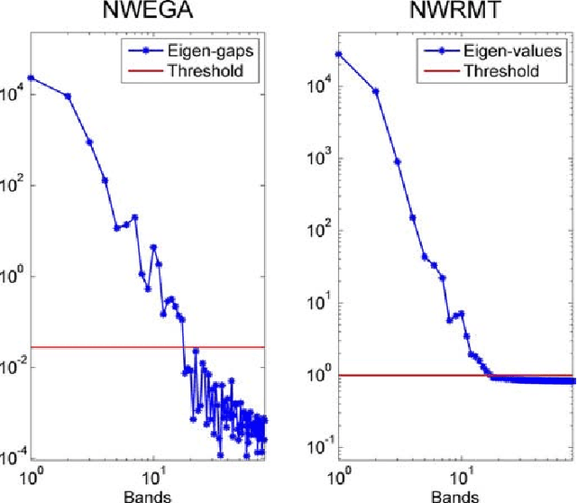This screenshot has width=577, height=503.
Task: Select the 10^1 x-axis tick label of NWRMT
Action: pos(463,474)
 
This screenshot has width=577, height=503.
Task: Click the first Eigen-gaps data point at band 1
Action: pos(32,78)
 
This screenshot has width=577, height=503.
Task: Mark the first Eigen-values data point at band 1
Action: pos(339,54)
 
